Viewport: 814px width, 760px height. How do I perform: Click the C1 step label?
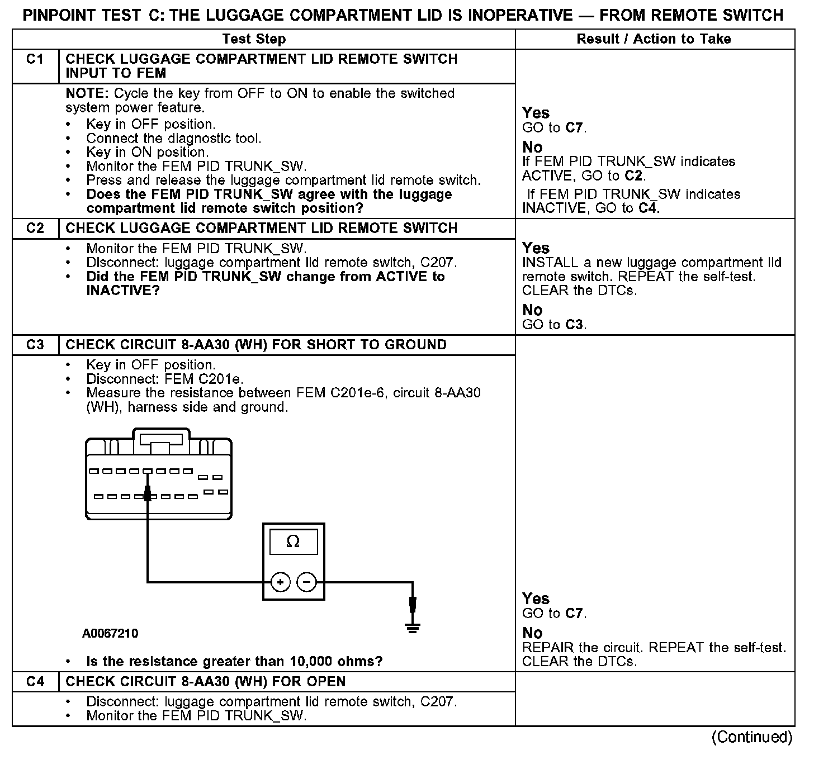35,59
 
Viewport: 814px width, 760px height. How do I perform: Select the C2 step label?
35,229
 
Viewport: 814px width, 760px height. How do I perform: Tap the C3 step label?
35,345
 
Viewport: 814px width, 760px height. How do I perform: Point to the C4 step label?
35,682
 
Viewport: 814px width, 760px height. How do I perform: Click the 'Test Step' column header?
254,39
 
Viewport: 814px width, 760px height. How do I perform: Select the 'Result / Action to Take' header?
654,39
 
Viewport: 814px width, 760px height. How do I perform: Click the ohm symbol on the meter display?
293,541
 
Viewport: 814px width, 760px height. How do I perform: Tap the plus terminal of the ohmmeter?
280,582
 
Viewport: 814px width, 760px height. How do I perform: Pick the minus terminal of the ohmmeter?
306,582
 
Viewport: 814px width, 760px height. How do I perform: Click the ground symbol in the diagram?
413,627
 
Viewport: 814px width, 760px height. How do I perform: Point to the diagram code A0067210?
110,634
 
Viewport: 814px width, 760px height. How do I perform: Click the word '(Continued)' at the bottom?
751,737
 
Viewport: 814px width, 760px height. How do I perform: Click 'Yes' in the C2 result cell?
536,248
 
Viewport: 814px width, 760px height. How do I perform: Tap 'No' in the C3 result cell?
532,633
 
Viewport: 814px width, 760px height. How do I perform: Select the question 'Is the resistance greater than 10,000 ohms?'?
234,662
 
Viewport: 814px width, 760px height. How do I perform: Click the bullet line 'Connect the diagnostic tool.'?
174,138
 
